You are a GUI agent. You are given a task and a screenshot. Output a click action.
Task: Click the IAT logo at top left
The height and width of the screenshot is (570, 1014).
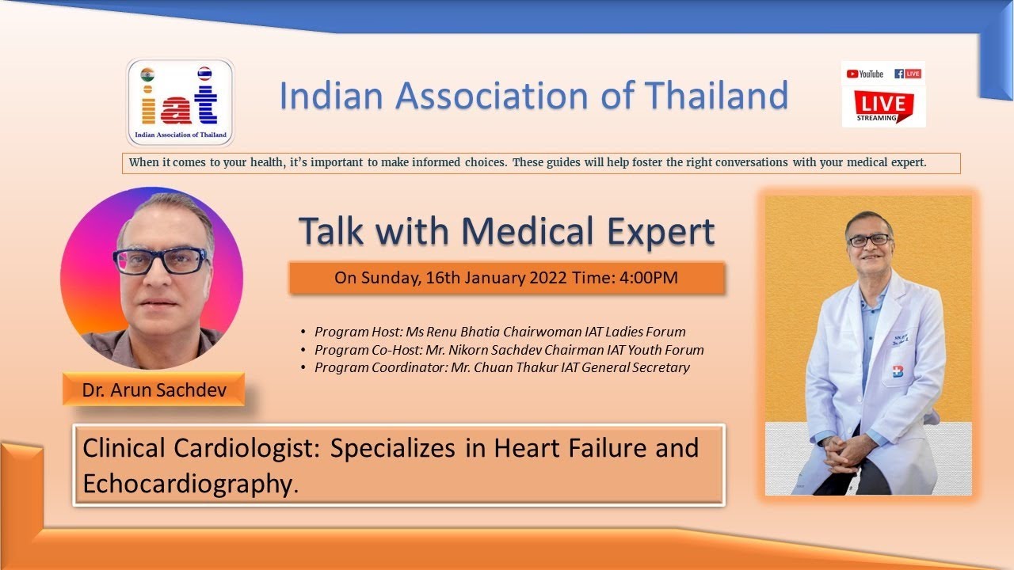point(181,101)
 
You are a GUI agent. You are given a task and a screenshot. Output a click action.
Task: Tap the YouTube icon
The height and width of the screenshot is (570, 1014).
point(864,74)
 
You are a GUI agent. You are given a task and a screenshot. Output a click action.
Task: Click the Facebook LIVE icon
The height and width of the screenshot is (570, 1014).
point(908,74)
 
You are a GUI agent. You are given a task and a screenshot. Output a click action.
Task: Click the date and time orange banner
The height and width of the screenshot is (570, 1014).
point(507,278)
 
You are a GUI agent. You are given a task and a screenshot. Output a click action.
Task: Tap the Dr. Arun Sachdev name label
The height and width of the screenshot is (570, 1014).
point(154,389)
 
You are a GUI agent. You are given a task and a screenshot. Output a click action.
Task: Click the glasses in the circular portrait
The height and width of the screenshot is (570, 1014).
point(160,260)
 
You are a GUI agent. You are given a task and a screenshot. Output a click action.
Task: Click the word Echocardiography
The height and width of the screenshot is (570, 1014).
point(186,484)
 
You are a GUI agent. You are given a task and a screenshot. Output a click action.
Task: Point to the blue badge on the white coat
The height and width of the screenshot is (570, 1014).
point(898,372)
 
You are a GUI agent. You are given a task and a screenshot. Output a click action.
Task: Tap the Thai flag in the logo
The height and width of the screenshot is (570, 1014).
point(204,74)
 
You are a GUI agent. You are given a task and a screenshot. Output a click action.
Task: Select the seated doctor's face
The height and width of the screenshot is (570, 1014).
point(869,239)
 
